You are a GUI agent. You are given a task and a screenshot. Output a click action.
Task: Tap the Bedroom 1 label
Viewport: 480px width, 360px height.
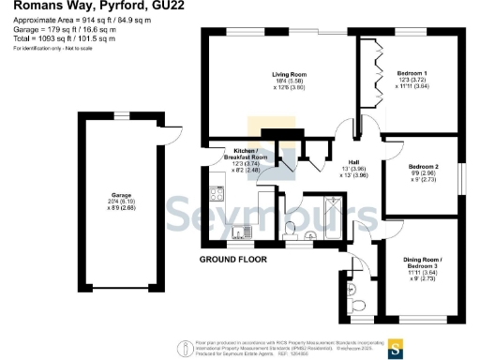point(412,72)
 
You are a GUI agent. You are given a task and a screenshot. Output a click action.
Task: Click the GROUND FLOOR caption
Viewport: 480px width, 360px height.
point(233,259)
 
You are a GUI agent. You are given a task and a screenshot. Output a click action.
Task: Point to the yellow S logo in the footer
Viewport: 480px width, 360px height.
point(397,349)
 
